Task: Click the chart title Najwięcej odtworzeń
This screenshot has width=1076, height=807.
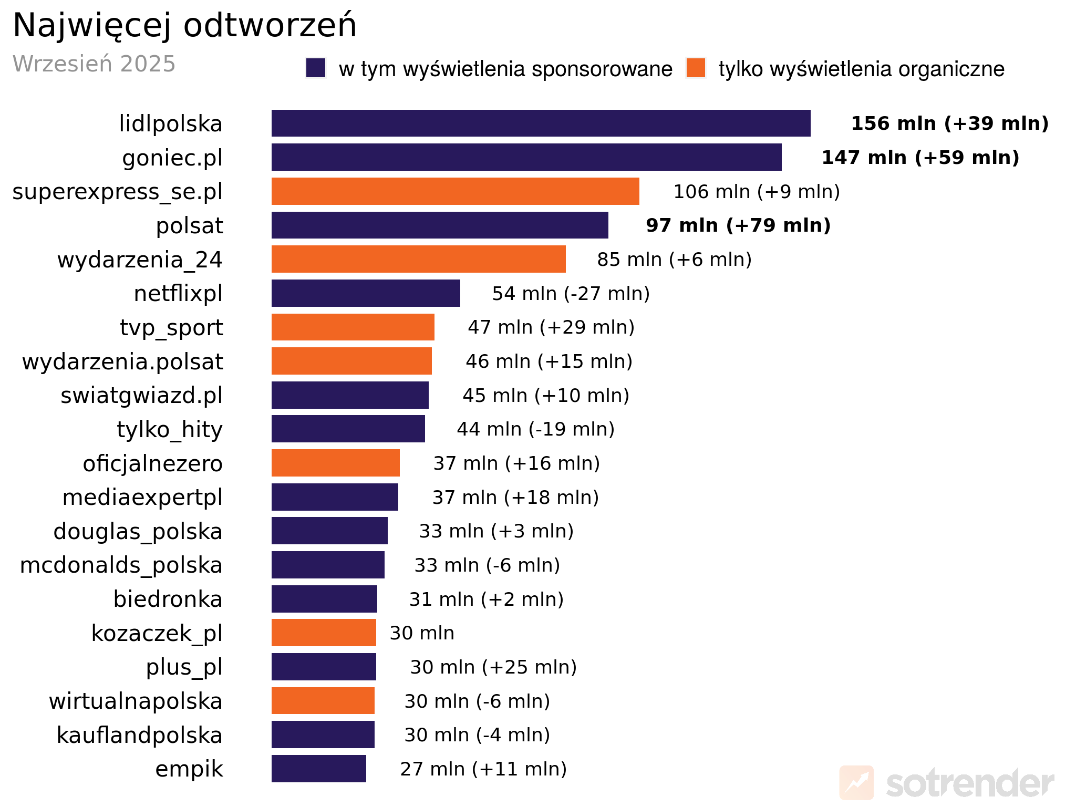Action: coord(184,25)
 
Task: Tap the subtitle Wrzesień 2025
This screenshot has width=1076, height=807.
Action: coord(94,64)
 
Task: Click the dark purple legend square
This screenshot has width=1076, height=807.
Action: coord(316,68)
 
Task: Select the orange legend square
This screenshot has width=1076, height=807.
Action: coord(696,68)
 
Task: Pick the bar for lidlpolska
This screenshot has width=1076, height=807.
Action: coord(541,123)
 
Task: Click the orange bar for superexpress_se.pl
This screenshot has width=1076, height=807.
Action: coord(455,191)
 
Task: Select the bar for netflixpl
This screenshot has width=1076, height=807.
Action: coord(366,293)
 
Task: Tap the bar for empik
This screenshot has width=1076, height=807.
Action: coord(318,769)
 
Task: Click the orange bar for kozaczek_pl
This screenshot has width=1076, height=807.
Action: coord(324,633)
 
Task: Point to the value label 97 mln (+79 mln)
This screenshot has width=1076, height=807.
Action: coord(738,225)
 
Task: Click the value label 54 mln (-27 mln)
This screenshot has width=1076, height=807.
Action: coord(571,293)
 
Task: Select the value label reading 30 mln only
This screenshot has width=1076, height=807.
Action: coord(422,633)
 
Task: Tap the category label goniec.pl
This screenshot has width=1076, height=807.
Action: coord(172,158)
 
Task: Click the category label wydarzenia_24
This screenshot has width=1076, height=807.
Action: coord(140,260)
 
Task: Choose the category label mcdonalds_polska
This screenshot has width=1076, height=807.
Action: coord(121,565)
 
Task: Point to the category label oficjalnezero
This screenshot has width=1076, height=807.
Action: coord(152,463)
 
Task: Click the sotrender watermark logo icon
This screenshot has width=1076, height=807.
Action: coord(856,783)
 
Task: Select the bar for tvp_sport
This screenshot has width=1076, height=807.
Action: coord(353,327)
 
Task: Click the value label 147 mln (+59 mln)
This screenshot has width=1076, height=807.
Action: coord(920,158)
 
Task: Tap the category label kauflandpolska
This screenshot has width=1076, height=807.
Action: coord(139,735)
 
